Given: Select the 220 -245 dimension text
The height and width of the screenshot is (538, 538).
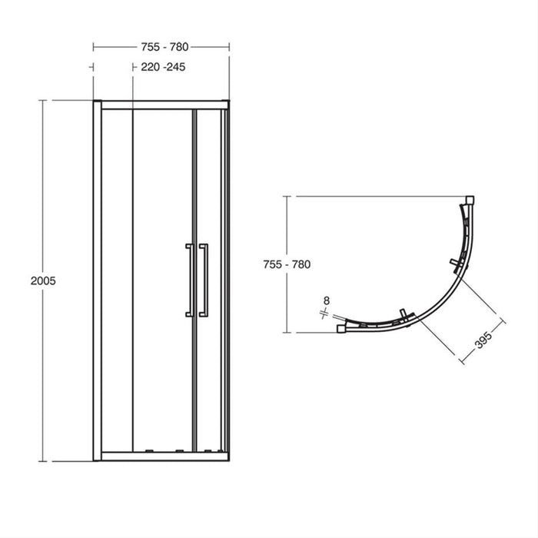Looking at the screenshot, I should point(162,67).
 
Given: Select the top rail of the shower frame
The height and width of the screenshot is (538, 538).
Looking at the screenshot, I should point(161,103).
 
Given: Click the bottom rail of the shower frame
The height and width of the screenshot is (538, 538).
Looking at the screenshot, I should point(161,454).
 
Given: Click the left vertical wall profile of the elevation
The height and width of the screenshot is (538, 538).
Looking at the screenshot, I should point(97,281).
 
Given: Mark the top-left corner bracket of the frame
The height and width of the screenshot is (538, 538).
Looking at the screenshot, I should point(97,100).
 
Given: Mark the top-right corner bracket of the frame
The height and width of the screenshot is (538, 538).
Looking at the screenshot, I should point(226,100).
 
